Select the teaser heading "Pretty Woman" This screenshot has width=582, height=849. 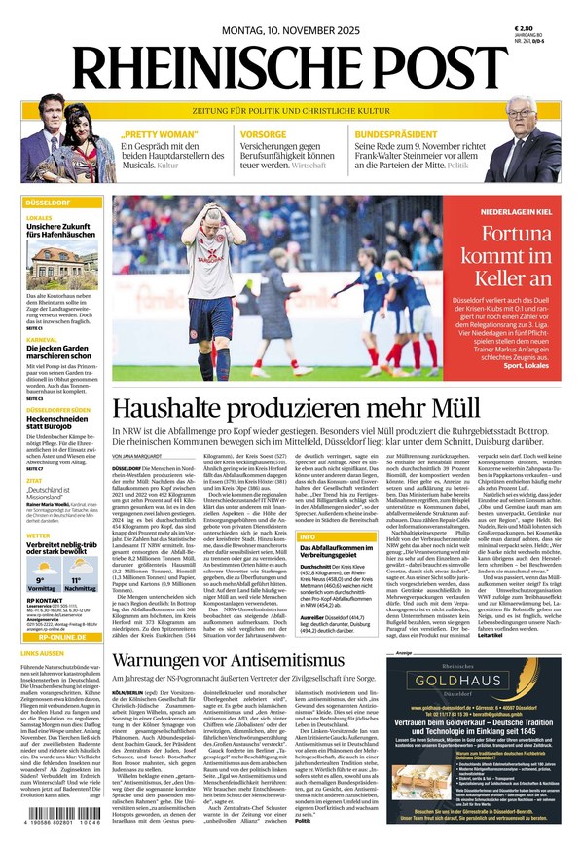154,134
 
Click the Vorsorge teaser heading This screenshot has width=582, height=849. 264,134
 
